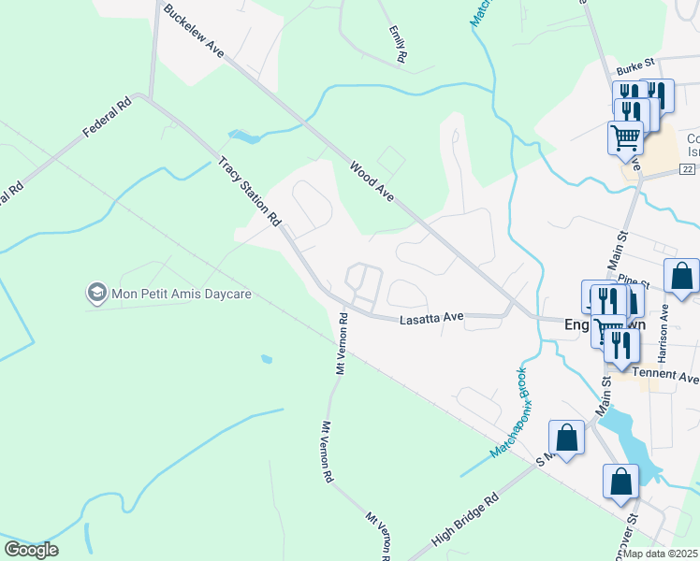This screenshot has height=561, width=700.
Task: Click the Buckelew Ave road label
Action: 194,32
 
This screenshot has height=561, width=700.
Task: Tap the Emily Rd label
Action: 397,44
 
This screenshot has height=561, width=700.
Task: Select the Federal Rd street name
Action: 106,120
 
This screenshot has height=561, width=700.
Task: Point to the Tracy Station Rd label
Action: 250,192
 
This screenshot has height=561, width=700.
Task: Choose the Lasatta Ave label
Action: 432,318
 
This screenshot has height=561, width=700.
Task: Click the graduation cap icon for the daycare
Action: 96,294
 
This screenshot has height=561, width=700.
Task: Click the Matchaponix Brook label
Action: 508,411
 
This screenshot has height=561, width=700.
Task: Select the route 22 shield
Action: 687,168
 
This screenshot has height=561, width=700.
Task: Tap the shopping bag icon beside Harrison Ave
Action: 681,276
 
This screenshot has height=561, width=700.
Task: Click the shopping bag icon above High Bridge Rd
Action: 566,437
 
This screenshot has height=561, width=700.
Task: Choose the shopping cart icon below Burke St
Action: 625,138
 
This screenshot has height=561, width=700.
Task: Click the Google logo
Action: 31,549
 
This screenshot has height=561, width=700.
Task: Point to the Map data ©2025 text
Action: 661,554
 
